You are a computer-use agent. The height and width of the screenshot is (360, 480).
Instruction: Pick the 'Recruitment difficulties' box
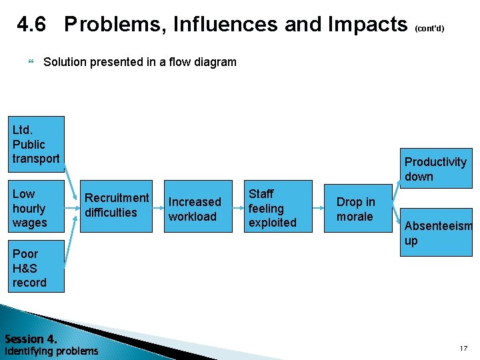click(x=116, y=206)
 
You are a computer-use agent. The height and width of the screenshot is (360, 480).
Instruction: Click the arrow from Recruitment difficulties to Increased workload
click(x=158, y=207)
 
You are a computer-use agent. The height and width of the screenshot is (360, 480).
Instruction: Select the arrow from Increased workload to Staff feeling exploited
click(x=236, y=207)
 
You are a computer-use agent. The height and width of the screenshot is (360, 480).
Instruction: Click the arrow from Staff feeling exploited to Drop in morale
click(x=317, y=207)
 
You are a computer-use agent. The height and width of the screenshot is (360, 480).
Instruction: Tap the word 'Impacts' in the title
click(x=367, y=25)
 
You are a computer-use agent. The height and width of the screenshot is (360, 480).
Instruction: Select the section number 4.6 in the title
click(x=31, y=25)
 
